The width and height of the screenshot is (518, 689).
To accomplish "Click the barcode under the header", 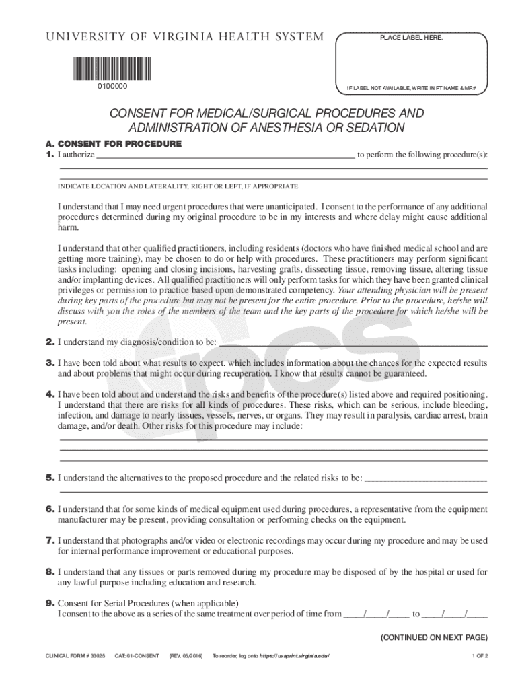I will (x=111, y=68).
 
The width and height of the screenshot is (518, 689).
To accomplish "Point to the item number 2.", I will (x=50, y=342).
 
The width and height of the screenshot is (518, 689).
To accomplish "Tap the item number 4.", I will (x=50, y=394).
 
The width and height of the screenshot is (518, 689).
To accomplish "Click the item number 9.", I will (x=50, y=602).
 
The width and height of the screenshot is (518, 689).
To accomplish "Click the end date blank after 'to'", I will (x=455, y=614).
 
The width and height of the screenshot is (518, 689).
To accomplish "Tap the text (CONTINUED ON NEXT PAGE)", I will (x=434, y=637).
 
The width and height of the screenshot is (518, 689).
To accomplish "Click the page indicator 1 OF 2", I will (x=479, y=656).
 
